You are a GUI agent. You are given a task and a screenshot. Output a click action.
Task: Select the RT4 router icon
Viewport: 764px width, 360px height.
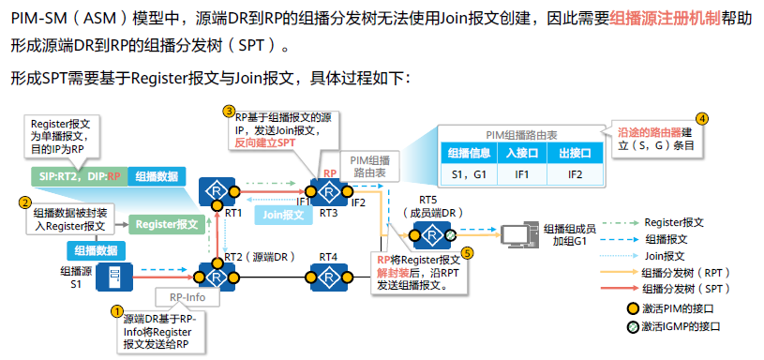pyautogui.click(x=329, y=277)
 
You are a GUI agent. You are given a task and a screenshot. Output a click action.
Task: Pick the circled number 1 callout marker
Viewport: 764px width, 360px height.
pyautogui.click(x=117, y=310)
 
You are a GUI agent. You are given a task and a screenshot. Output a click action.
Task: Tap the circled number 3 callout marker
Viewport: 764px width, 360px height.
pyautogui.click(x=229, y=111)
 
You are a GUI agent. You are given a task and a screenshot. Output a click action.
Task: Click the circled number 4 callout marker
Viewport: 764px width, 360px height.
pyautogui.click(x=701, y=119)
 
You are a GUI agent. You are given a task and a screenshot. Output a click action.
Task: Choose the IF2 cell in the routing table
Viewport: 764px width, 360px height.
pyautogui.click(x=571, y=175)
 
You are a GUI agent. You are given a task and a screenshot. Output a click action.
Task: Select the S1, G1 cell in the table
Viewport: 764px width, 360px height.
pyautogui.click(x=465, y=175)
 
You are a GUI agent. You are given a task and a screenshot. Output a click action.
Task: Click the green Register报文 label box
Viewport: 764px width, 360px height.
pyautogui.click(x=165, y=224)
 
